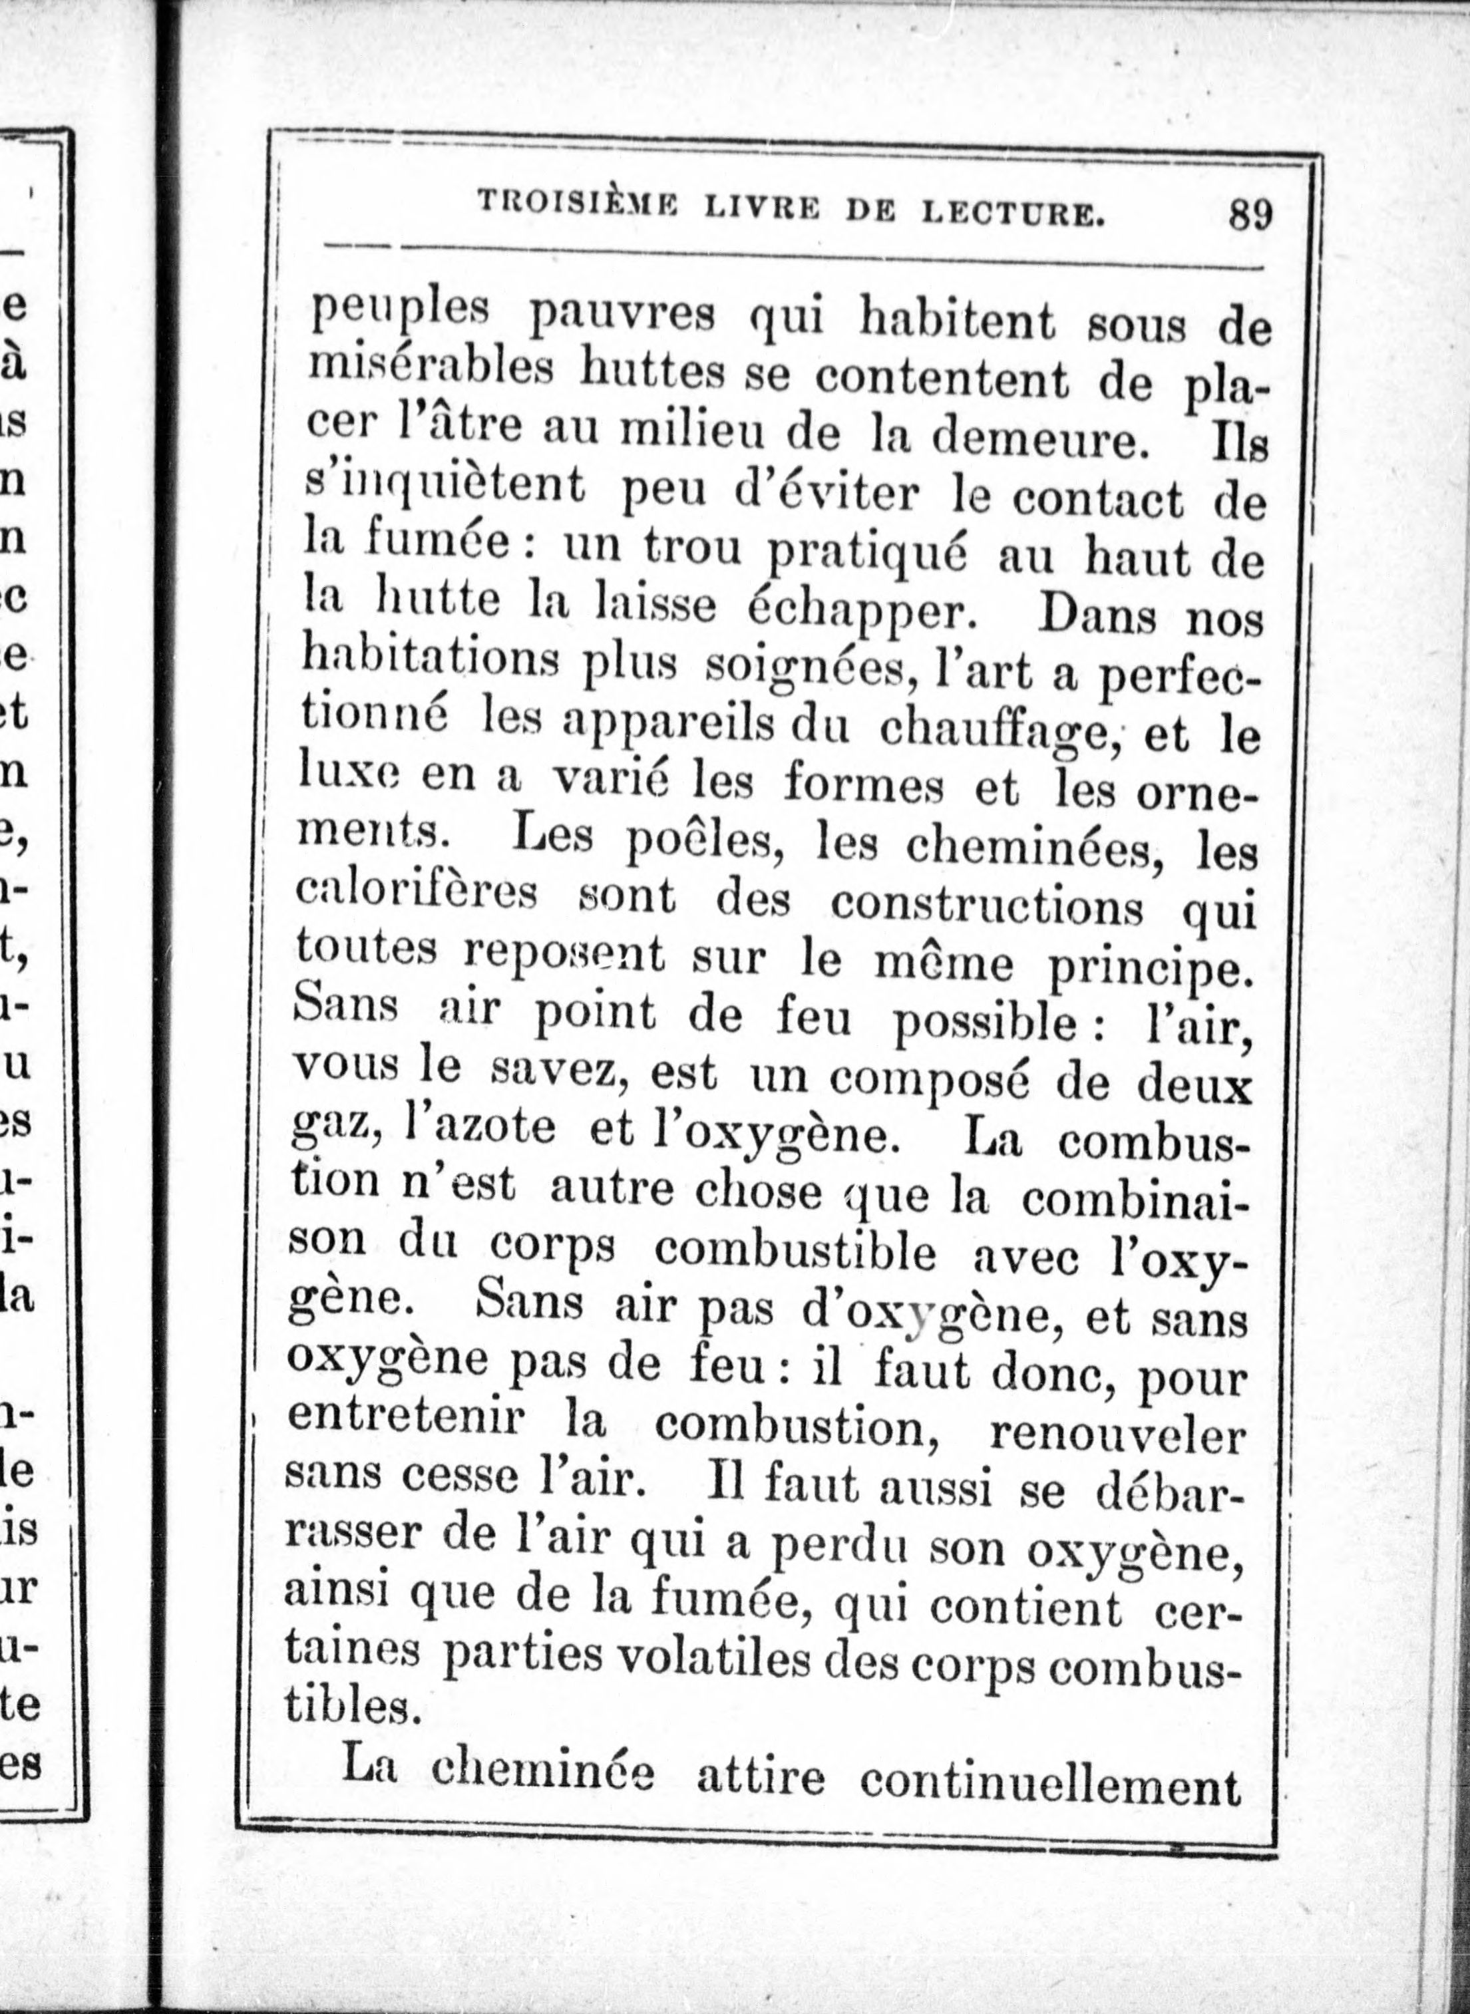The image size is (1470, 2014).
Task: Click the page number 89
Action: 1251,216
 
